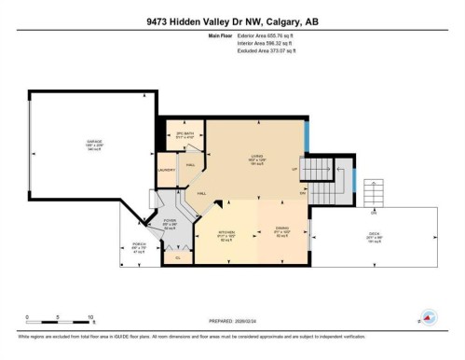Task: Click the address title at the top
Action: coord(232,21)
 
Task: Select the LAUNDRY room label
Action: coord(168,170)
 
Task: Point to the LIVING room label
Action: coord(256,157)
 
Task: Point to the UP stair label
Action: coord(294,170)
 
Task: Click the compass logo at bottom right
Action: coord(430,317)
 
